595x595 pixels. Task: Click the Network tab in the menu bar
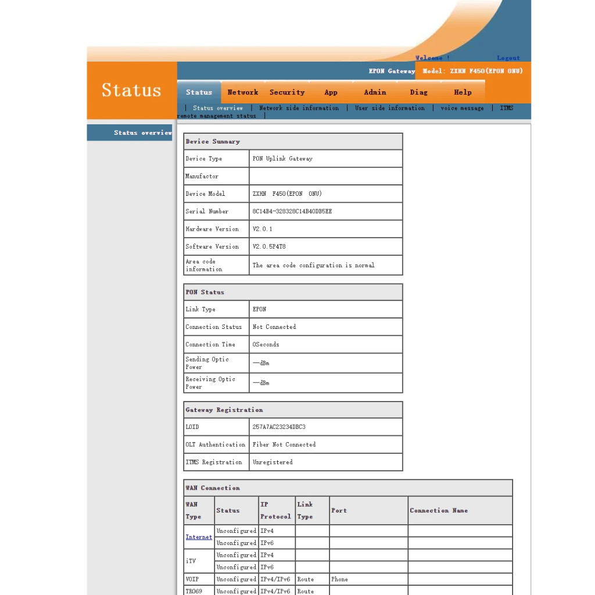tap(243, 92)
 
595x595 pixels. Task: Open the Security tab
tap(287, 92)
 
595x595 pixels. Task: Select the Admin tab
tap(375, 92)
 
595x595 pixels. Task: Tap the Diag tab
tap(418, 92)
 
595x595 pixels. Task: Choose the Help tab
tap(463, 92)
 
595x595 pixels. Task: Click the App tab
tap(331, 92)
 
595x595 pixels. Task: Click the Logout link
tap(508, 58)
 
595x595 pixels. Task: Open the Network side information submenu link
tap(299, 108)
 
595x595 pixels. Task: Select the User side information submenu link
tap(390, 108)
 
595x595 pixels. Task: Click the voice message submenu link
tap(462, 108)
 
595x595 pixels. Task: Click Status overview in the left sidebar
tap(142, 133)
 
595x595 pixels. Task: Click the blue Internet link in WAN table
tap(199, 537)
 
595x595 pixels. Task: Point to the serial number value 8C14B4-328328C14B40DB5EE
tap(292, 212)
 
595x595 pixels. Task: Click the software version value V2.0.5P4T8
tap(269, 246)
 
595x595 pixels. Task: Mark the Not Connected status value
tap(274, 327)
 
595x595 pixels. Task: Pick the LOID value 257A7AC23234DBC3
tap(279, 427)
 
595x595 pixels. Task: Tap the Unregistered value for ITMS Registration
tap(273, 463)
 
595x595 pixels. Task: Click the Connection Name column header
tap(439, 511)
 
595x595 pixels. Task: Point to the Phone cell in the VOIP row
tap(339, 579)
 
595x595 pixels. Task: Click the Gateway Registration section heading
tap(224, 410)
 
